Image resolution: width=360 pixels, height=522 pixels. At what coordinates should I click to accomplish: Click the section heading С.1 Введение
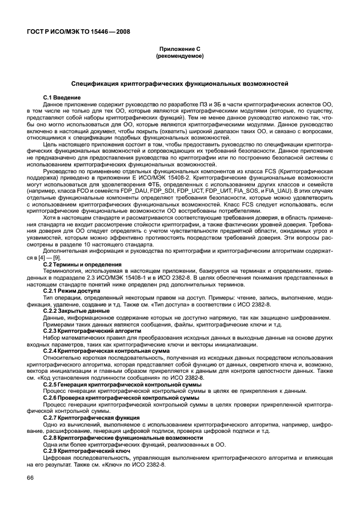coord(62,98)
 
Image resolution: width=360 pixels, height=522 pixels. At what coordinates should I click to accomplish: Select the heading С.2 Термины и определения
coord(83,265)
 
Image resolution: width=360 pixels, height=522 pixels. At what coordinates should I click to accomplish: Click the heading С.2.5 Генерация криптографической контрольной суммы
coord(122,384)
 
